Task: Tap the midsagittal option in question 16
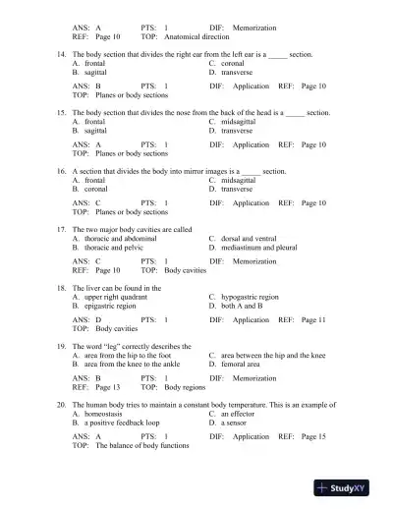(x=239, y=181)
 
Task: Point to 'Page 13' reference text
(x=103, y=387)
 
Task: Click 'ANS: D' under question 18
(x=87, y=319)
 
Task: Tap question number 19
(x=63, y=346)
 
